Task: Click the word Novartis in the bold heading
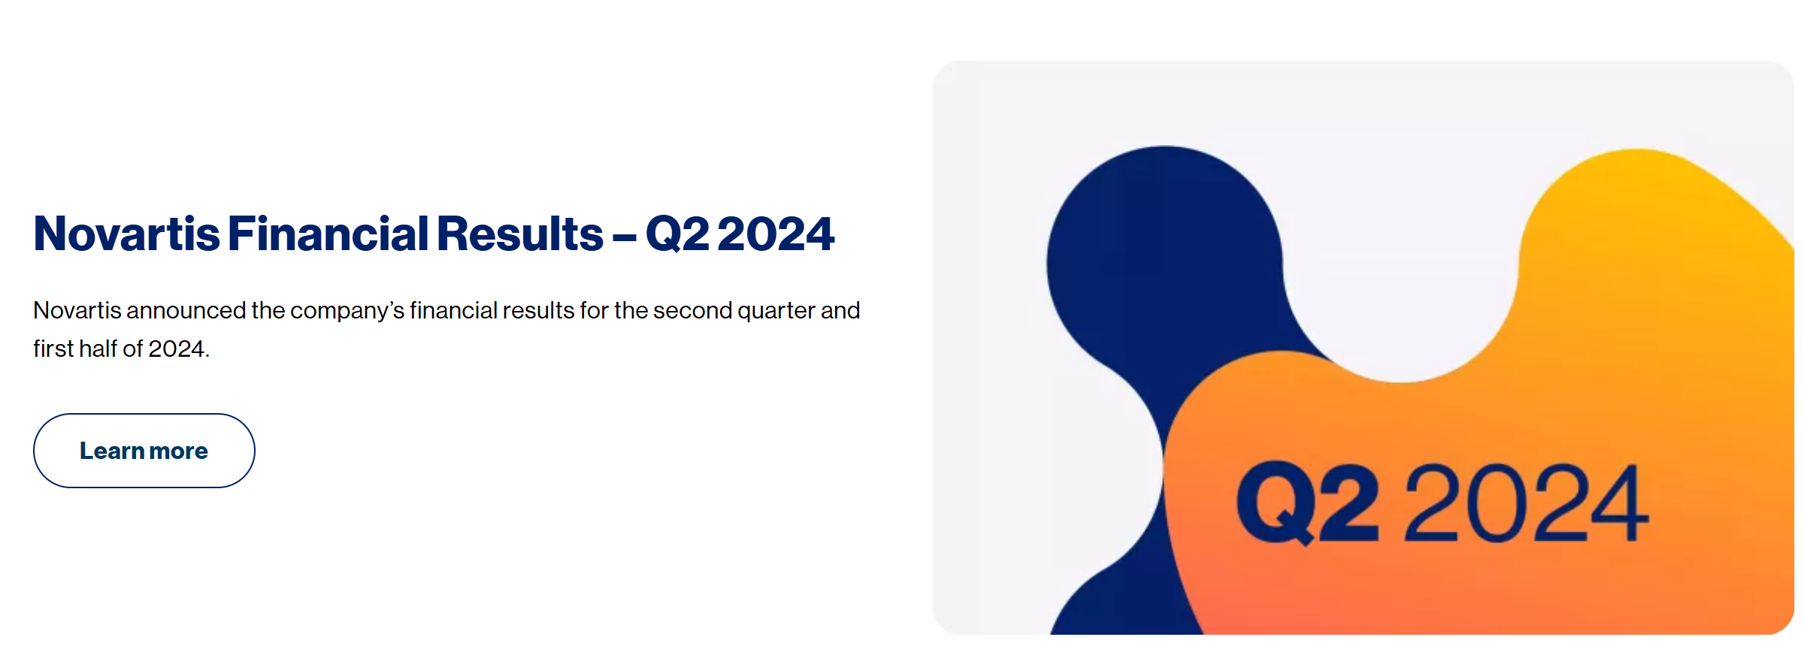(x=127, y=234)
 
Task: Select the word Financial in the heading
(x=328, y=234)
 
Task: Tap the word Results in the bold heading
(x=520, y=234)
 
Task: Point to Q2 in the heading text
(x=677, y=234)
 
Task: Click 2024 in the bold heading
(x=776, y=234)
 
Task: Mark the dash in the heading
(x=625, y=240)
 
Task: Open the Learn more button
(x=144, y=451)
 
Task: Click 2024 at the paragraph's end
(x=177, y=349)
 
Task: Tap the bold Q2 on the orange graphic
(x=1309, y=503)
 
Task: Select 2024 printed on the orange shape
(x=1527, y=503)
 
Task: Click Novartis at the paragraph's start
(x=77, y=310)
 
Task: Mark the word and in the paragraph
(x=840, y=310)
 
